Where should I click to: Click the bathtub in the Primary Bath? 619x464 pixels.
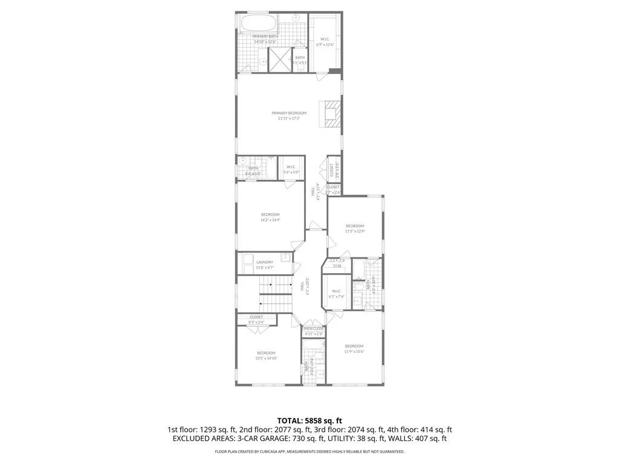(258, 25)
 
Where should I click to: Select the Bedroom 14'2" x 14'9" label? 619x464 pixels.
(270, 217)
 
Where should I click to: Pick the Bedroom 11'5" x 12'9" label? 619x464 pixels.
(355, 228)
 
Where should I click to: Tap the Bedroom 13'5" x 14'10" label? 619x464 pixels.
(266, 355)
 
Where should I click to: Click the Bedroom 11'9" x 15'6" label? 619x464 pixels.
(355, 349)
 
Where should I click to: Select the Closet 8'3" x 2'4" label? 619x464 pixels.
(256, 319)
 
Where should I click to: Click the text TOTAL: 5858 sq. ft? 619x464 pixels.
(309, 420)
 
